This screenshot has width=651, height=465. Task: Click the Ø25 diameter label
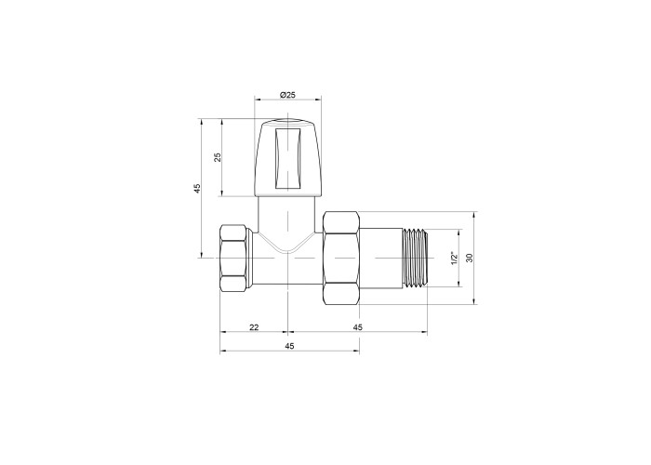pos(287,95)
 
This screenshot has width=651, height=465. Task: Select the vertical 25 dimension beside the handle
pos(218,157)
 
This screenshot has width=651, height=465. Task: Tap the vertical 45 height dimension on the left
pos(197,188)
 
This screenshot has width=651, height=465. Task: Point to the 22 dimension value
pos(254,327)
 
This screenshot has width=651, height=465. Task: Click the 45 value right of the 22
pos(357,327)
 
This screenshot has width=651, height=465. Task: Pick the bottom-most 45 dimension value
pos(289,346)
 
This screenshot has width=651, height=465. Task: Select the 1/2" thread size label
pos(454,258)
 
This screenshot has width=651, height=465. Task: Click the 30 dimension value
pos(470,258)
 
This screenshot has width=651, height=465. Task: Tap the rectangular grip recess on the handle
pos(287,158)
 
